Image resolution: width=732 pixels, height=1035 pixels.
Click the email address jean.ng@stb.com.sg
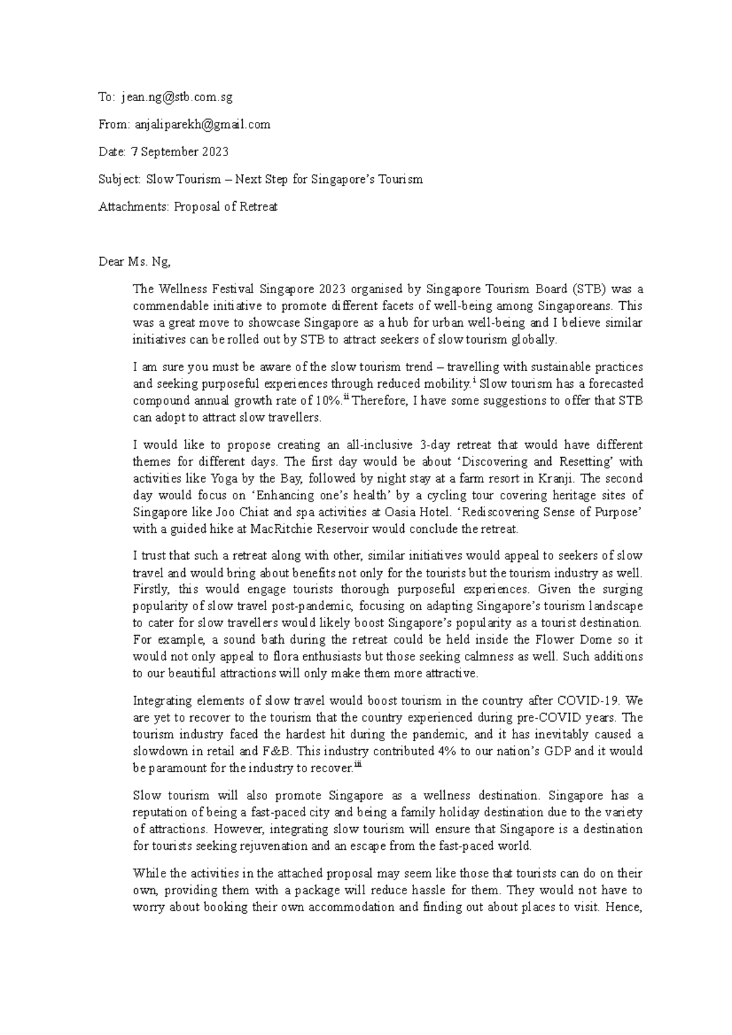point(177,97)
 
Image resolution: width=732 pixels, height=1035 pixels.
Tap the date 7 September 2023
point(180,152)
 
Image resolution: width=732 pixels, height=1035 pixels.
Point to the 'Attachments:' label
point(134,207)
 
